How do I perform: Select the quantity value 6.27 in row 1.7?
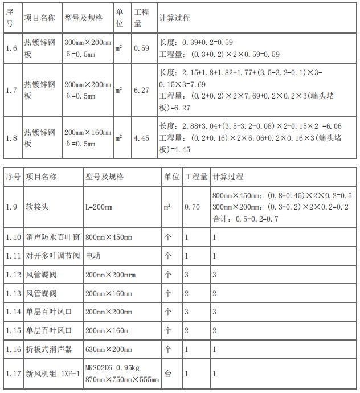pos(141,90)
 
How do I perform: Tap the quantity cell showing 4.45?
pos(141,137)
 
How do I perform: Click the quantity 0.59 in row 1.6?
pos(141,48)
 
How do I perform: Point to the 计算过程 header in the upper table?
pos(174,18)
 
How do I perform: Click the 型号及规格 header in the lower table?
pos(104,177)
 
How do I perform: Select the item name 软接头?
pos(38,207)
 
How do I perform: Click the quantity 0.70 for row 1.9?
pos(192,207)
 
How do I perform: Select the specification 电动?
pos(93,256)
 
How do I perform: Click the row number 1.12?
pos(13,275)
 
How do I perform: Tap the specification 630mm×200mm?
pos(109,349)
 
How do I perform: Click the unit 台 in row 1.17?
pos(168,374)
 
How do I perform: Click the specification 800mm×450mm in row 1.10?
pos(109,237)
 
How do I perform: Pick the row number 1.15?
pos(13,330)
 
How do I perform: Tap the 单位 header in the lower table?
pos(171,177)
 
